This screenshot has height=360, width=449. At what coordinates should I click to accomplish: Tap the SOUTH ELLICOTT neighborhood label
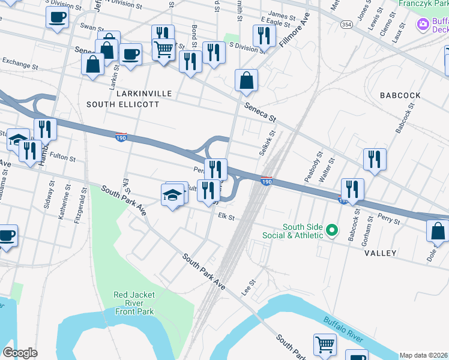tap(122, 104)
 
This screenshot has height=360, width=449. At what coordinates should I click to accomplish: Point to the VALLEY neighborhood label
tap(380, 253)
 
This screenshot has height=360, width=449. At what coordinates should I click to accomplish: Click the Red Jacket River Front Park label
tap(134, 302)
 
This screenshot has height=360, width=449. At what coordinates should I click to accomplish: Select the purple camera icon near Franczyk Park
tap(423, 25)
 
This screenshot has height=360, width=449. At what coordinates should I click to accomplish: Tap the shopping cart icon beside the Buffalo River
tap(325, 345)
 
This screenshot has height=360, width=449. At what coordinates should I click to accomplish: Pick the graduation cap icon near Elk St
tap(172, 196)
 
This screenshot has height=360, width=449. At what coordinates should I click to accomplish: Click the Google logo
tap(20, 353)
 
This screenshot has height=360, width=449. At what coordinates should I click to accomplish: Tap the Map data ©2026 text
tap(423, 355)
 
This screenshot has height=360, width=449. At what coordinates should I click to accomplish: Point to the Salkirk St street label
tap(267, 144)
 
